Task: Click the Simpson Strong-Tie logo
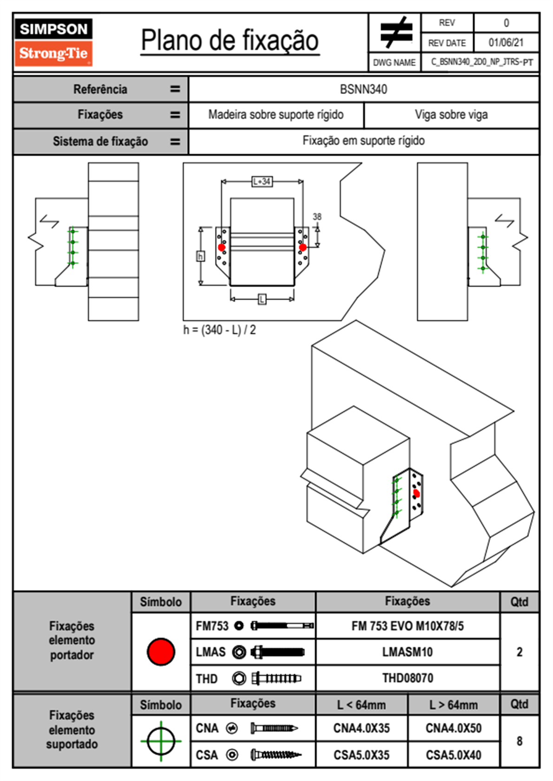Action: [x=53, y=42]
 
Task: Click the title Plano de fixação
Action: [x=230, y=40]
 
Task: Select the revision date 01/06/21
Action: [x=506, y=43]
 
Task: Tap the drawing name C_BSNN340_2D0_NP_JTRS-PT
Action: [x=481, y=62]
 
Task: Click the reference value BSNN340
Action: [x=363, y=89]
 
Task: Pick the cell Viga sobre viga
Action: [x=451, y=115]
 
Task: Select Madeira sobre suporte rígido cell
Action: [x=276, y=115]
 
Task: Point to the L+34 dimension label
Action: [x=262, y=181]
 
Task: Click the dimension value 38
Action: [x=317, y=216]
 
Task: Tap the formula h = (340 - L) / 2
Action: [x=219, y=330]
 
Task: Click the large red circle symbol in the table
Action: [x=161, y=651]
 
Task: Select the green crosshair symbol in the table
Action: [x=161, y=741]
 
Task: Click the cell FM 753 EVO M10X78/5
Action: [x=407, y=626]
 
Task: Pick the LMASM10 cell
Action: [x=407, y=652]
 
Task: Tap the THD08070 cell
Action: [x=407, y=678]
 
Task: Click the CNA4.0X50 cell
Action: [x=453, y=728]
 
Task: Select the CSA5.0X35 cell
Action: [x=361, y=755]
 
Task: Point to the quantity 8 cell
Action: [x=519, y=741]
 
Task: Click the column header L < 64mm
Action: [x=361, y=705]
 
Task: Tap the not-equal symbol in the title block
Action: [x=395, y=33]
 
